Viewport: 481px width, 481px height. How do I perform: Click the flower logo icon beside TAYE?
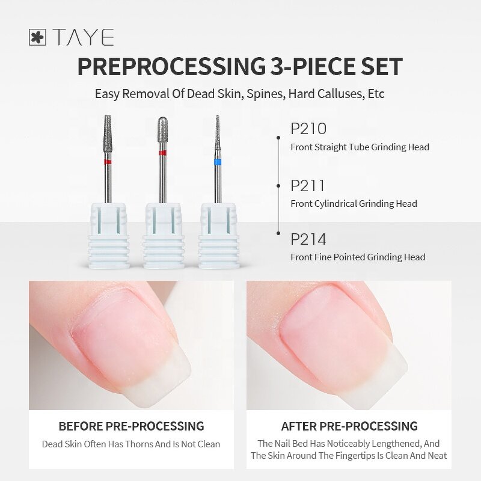(37, 37)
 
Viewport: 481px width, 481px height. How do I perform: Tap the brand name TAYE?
(83, 37)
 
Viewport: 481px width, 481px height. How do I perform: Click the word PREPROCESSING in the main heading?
(171, 67)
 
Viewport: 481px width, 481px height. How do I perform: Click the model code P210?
(308, 129)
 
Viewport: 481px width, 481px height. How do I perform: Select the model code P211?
(307, 186)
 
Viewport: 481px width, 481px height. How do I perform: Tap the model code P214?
(308, 239)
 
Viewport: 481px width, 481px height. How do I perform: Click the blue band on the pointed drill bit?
(217, 162)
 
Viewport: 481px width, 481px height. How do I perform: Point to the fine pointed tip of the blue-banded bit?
(217, 116)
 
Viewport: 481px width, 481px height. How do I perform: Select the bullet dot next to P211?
(278, 186)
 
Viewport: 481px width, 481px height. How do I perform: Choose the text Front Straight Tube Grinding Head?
(360, 147)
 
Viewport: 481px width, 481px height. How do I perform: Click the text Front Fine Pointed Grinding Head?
(358, 257)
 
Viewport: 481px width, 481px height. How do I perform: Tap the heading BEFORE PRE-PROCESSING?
(131, 426)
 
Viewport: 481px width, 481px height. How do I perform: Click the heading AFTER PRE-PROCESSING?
(349, 426)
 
